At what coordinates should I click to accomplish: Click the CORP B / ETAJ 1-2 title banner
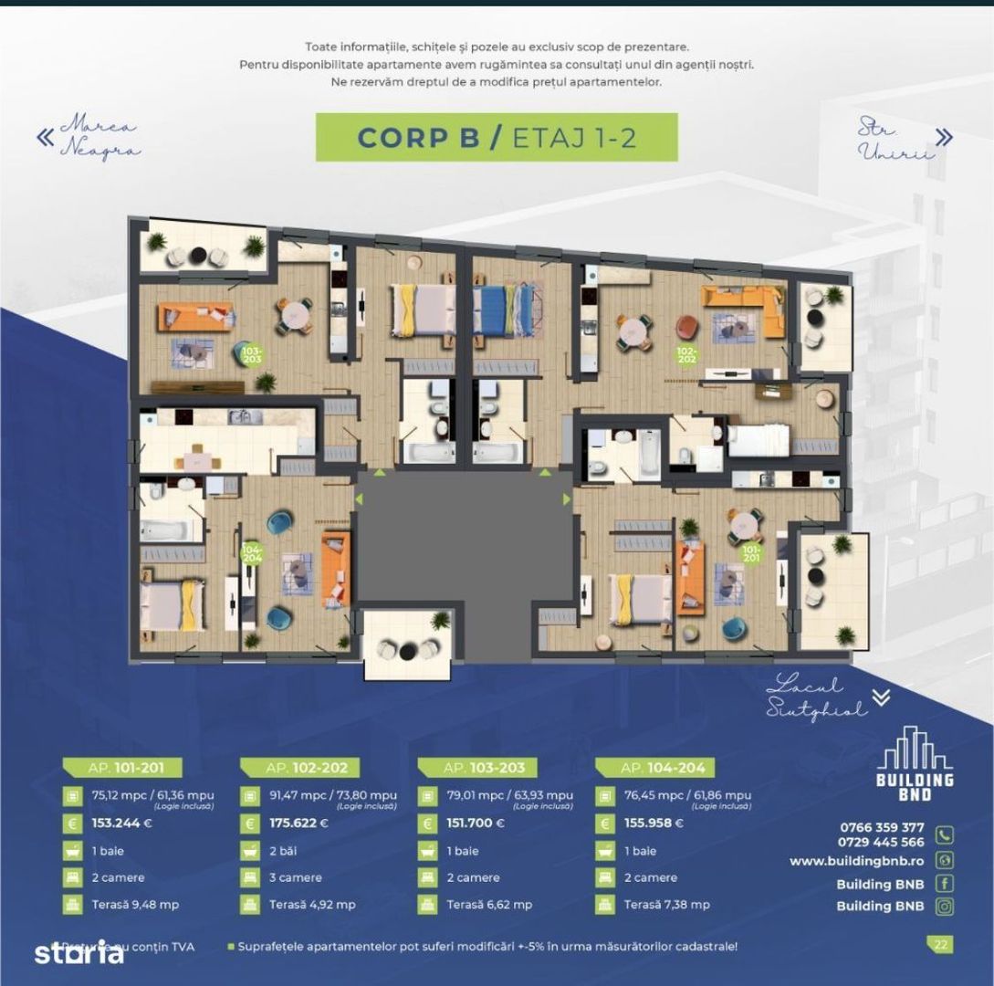(497, 137)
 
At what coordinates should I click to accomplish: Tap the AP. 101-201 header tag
(121, 768)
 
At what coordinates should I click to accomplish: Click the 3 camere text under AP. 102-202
(296, 877)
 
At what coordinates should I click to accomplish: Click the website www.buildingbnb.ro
(857, 861)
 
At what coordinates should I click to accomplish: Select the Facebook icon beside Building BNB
(945, 883)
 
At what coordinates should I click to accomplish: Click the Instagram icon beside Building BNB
(945, 906)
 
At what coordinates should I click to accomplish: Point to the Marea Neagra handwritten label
(99, 137)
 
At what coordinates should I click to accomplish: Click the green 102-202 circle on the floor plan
(687, 353)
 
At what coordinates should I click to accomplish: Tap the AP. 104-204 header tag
(654, 768)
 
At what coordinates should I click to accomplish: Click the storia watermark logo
(78, 953)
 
